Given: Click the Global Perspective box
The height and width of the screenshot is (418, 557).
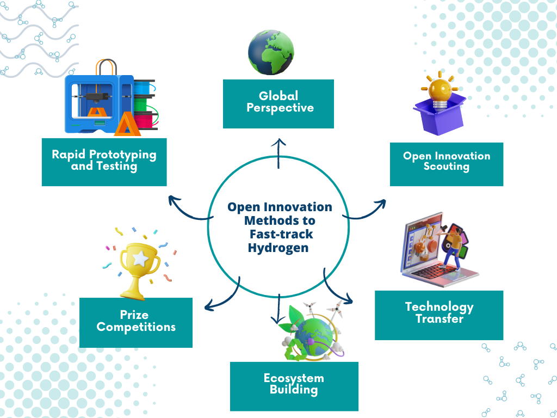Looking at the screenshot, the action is tap(278, 104).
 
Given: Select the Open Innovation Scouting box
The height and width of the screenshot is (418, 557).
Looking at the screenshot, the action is tap(447, 164).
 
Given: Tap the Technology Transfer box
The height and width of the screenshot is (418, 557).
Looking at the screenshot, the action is tap(439, 315).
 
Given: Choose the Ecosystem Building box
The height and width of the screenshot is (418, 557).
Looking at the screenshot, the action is tap(294, 386).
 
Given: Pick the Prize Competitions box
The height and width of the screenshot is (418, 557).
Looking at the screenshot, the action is tap(135, 323).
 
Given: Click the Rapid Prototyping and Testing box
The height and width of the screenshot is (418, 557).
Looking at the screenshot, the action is tap(104, 162).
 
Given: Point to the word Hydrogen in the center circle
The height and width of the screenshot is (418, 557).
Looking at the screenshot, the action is tap(278, 248).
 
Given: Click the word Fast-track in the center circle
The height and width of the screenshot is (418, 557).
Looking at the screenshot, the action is tap(281, 234).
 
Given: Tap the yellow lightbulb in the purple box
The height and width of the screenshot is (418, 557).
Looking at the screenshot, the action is tap(440, 91).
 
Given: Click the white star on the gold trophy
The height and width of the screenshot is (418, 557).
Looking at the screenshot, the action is tap(141, 259).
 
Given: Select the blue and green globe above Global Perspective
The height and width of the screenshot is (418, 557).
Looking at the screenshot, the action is tap(271, 52).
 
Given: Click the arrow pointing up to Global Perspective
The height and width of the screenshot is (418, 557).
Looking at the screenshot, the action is tap(278, 153).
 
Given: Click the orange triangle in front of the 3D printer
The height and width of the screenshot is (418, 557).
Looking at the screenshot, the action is tap(126, 124).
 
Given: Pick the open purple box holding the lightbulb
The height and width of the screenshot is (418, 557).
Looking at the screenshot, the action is tap(440, 113).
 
